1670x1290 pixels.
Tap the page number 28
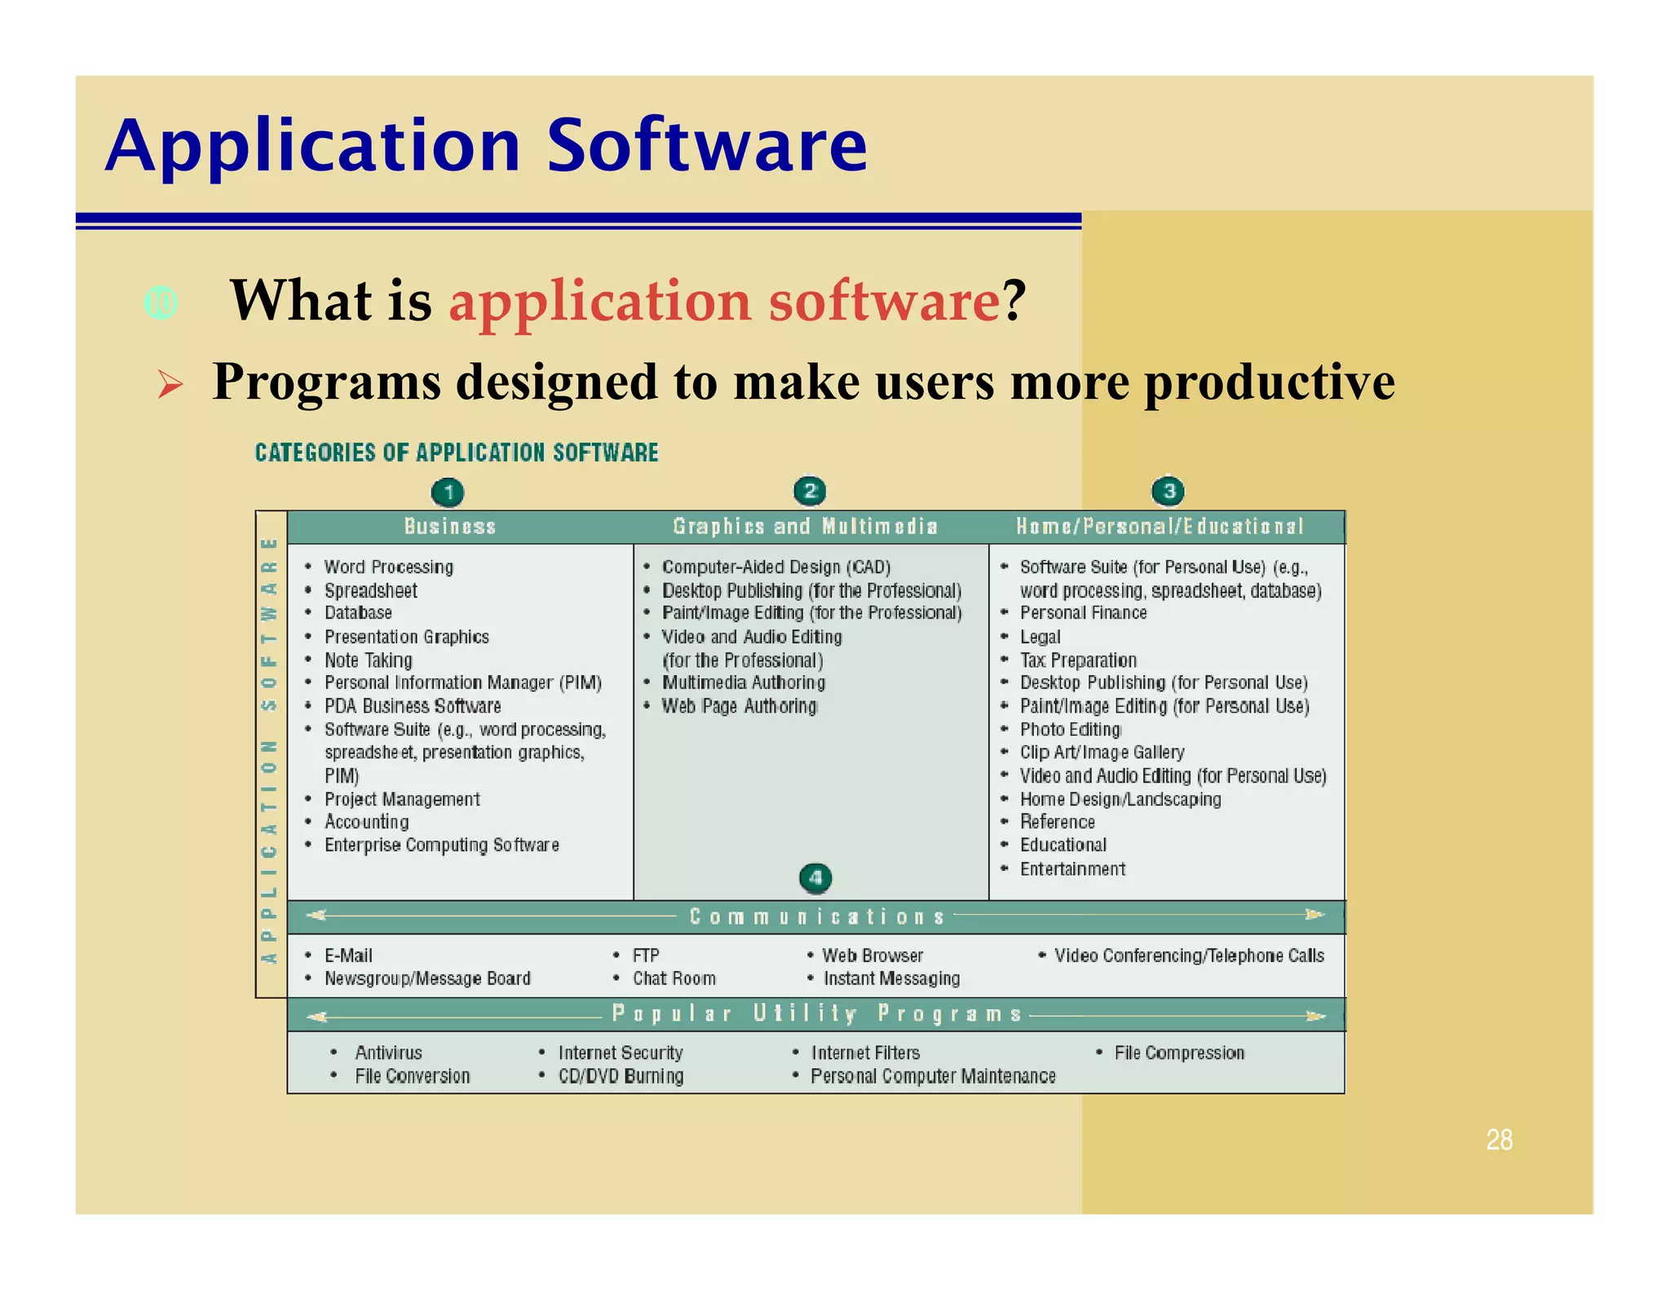[x=1499, y=1139]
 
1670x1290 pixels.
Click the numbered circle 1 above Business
[x=448, y=493]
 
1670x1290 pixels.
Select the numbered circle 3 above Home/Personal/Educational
[x=1168, y=491]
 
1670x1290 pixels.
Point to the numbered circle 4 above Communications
[x=815, y=878]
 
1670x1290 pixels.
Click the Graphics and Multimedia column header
[x=805, y=527]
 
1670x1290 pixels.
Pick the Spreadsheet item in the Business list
[x=370, y=590]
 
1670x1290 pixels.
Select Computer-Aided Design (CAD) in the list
[x=775, y=567]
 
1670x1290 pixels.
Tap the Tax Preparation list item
[x=1077, y=660]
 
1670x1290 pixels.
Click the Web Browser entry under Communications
[x=872, y=955]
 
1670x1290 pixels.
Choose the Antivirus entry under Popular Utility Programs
[x=388, y=1053]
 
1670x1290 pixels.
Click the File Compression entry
[x=1178, y=1053]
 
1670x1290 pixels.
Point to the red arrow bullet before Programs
[x=170, y=383]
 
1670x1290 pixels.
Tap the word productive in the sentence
[x=1269, y=382]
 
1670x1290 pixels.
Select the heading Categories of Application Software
[x=456, y=453]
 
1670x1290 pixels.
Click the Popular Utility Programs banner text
[x=816, y=1014]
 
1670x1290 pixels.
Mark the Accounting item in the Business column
[x=366, y=822]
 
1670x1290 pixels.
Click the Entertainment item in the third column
[x=1071, y=869]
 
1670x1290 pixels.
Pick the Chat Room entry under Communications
[x=674, y=979]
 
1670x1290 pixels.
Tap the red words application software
[x=724, y=301]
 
